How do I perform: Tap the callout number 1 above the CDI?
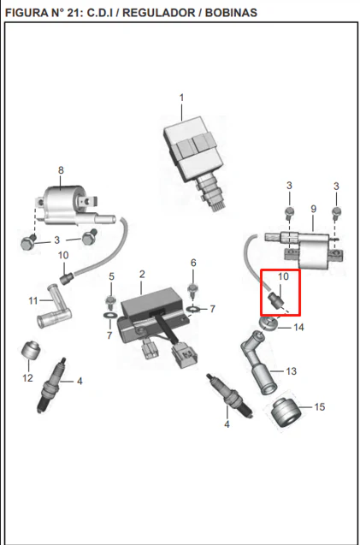tap(181, 98)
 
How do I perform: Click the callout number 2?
tap(142, 275)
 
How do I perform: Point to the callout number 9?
tap(314, 209)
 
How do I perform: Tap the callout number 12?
tap(27, 377)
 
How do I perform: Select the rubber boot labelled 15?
tap(285, 413)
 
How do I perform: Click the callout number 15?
tap(319, 406)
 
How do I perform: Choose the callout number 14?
tap(298, 327)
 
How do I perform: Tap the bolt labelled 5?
tap(111, 302)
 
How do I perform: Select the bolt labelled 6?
tap(192, 291)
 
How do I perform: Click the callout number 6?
tap(193, 264)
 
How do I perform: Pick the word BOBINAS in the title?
tap(232, 13)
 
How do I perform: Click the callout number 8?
tap(62, 170)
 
